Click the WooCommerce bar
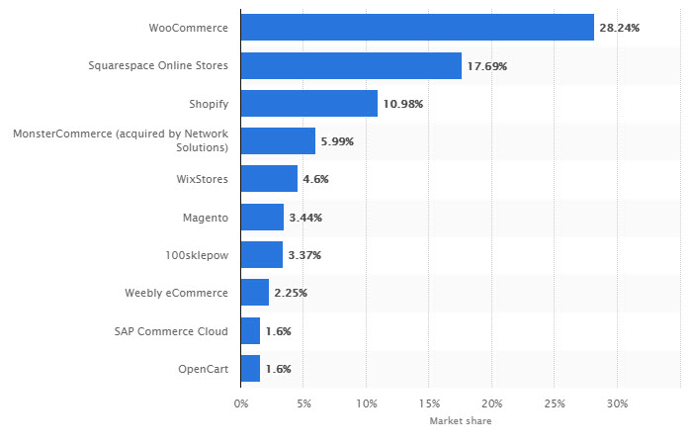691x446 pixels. click(x=417, y=28)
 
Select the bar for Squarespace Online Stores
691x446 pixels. click(x=351, y=65)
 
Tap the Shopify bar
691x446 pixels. click(x=308, y=103)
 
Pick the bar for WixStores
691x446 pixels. click(x=269, y=179)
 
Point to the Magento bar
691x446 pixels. click(x=262, y=217)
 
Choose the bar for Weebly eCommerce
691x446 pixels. click(x=254, y=293)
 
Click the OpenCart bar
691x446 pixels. click(x=250, y=368)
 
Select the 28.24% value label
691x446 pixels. click(x=620, y=28)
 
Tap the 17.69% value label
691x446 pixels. click(x=487, y=65)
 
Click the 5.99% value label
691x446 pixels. click(x=336, y=141)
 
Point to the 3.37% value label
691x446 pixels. click(x=304, y=255)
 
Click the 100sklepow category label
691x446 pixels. click(x=197, y=255)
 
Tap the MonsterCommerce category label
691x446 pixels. click(x=121, y=140)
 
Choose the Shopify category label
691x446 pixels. click(x=209, y=103)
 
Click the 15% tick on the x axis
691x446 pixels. click(x=429, y=403)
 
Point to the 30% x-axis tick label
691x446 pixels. click(x=617, y=403)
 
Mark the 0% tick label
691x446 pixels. click(x=240, y=403)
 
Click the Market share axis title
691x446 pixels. click(x=460, y=421)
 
